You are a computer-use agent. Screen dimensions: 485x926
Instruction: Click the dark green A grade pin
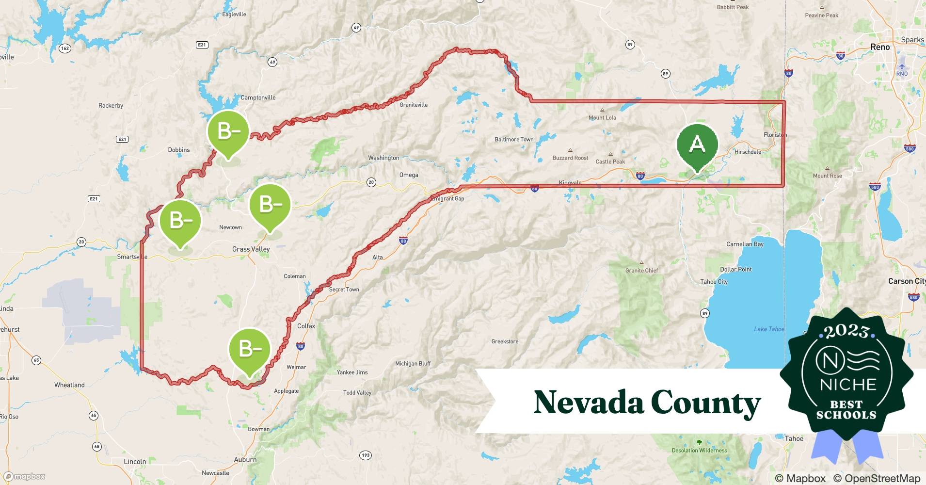click(x=697, y=145)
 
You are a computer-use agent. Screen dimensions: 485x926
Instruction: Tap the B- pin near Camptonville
click(x=228, y=131)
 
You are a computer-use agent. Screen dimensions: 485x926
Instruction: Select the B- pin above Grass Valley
click(x=270, y=205)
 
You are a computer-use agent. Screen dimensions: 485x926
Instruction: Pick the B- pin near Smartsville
click(x=180, y=221)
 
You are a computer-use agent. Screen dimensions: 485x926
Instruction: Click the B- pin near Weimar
click(x=250, y=349)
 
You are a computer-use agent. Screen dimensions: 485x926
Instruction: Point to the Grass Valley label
click(x=251, y=249)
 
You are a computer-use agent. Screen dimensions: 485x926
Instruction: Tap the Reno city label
click(x=880, y=47)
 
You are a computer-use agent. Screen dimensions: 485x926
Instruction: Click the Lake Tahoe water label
click(x=769, y=329)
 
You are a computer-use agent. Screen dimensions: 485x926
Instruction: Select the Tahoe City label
click(x=714, y=282)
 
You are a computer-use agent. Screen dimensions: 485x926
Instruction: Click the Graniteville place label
click(x=414, y=105)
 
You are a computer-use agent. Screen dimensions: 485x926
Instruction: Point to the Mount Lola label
click(x=602, y=118)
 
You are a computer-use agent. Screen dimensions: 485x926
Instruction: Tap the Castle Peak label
click(x=610, y=162)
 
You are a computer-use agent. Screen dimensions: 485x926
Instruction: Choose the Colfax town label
click(x=306, y=326)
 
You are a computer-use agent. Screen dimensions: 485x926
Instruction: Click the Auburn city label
click(x=245, y=460)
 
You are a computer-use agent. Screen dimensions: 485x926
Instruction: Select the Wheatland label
click(x=69, y=385)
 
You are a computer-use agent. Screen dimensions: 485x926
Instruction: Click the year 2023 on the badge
click(x=846, y=331)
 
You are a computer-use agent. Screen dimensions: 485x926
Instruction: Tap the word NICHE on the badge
click(x=848, y=385)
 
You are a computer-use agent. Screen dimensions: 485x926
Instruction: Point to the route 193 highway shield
click(x=366, y=455)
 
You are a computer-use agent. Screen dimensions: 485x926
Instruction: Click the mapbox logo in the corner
click(x=25, y=477)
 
